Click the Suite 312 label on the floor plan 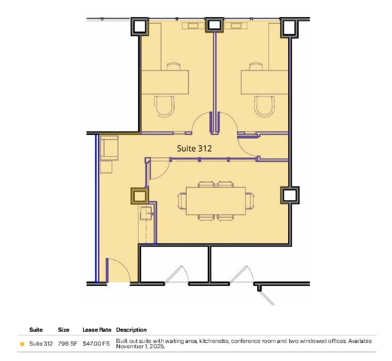194,149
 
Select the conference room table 216,201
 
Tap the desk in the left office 165,83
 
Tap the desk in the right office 265,83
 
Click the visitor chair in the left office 164,105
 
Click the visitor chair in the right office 264,105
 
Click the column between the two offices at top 214,25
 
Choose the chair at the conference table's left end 182,201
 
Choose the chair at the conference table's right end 250,201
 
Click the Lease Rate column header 97,330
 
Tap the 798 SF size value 68,343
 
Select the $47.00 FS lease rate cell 96,343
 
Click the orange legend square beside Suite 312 22,344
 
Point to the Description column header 131,330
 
